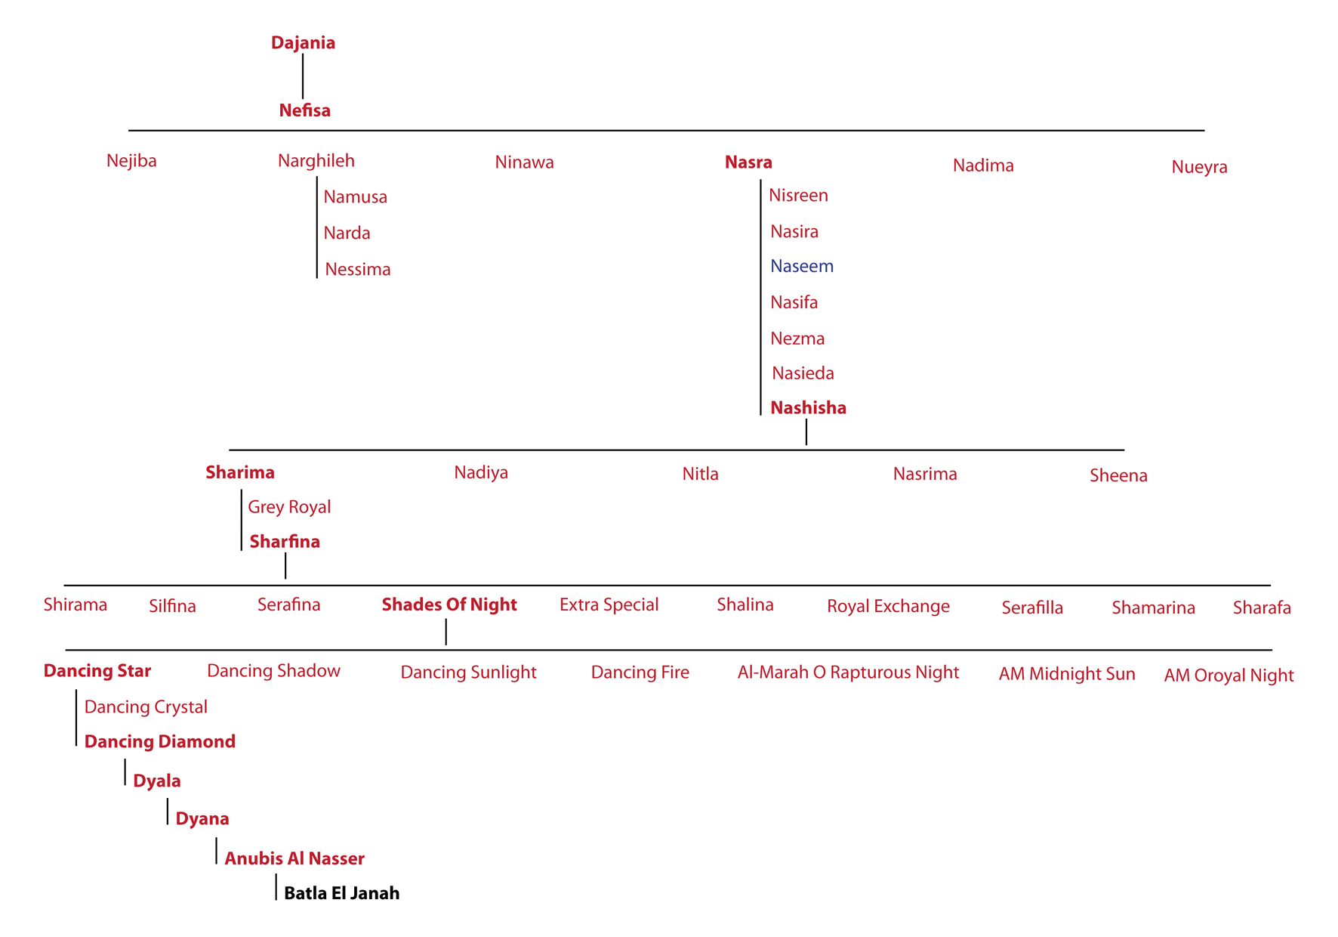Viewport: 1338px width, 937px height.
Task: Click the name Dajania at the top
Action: coord(303,43)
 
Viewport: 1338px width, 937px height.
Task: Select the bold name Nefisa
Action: coord(304,110)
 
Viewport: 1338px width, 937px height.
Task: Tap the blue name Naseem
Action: coord(802,266)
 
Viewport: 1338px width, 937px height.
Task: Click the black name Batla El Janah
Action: coord(341,893)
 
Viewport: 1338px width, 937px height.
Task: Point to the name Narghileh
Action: coord(316,161)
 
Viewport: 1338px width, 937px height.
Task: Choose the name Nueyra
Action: coord(1199,167)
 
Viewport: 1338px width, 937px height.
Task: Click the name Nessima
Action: coord(357,270)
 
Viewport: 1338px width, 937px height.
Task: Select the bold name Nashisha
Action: coord(808,408)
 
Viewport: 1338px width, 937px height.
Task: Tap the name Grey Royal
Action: coord(289,507)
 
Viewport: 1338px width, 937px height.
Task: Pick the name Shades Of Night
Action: coord(449,605)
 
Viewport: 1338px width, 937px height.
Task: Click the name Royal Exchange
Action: coord(888,606)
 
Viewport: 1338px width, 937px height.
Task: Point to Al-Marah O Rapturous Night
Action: coord(848,673)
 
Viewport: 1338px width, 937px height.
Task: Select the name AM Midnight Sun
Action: coord(1067,674)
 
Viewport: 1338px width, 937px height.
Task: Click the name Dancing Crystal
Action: coord(146,707)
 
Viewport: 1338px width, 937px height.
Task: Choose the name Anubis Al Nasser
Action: coord(294,858)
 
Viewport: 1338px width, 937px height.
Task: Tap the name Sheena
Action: coord(1118,475)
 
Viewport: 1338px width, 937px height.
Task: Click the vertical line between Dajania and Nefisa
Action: coord(303,76)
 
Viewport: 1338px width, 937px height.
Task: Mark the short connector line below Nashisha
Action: coord(806,432)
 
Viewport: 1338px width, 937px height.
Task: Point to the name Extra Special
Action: coord(609,605)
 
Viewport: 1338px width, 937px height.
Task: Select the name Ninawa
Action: coord(524,162)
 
